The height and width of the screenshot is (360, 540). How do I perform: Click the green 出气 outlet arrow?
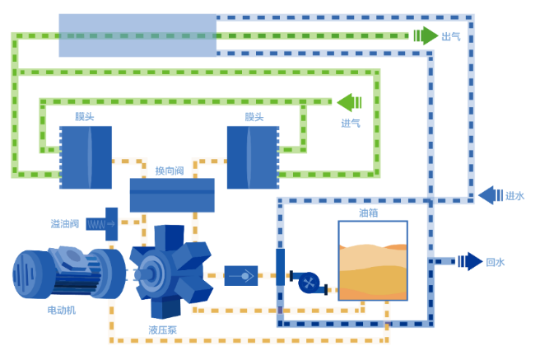(x=426, y=35)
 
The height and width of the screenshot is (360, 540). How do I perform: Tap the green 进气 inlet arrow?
(x=349, y=102)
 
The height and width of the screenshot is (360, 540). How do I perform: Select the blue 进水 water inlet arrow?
(x=491, y=195)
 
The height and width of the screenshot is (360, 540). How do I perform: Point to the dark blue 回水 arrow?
(x=470, y=261)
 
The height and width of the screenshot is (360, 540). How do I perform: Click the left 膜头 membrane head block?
(x=86, y=157)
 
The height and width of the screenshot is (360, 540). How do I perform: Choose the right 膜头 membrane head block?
(x=254, y=157)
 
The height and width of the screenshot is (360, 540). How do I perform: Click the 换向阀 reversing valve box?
(x=172, y=195)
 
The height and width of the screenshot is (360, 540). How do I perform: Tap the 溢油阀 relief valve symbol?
(x=102, y=224)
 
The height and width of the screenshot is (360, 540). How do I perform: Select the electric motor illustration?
(x=69, y=273)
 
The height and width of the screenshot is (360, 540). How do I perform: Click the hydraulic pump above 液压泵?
(x=171, y=272)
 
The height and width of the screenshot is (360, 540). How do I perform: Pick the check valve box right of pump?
(x=241, y=276)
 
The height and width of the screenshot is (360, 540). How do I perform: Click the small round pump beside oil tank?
(x=309, y=283)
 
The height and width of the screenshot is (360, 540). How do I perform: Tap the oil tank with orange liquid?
(x=373, y=261)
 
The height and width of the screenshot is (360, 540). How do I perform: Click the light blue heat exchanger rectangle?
(x=137, y=35)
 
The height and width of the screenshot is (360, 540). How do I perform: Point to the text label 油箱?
(x=369, y=213)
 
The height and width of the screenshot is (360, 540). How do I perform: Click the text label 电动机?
(x=61, y=310)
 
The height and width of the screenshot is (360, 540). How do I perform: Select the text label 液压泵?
(x=162, y=330)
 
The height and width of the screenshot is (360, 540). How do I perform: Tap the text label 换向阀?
(x=170, y=171)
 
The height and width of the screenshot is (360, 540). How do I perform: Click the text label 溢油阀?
(x=65, y=224)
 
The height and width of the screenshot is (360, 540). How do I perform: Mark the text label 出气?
(x=451, y=36)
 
